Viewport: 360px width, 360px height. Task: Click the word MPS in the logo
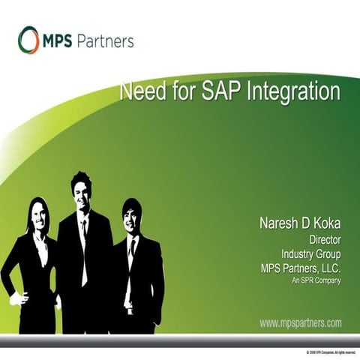coord(59,40)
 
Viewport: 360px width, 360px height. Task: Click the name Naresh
coord(280,224)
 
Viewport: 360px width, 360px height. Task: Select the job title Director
coord(325,240)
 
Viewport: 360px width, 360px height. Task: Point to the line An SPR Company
coord(316,280)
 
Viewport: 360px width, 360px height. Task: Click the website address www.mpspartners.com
coord(301,323)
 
